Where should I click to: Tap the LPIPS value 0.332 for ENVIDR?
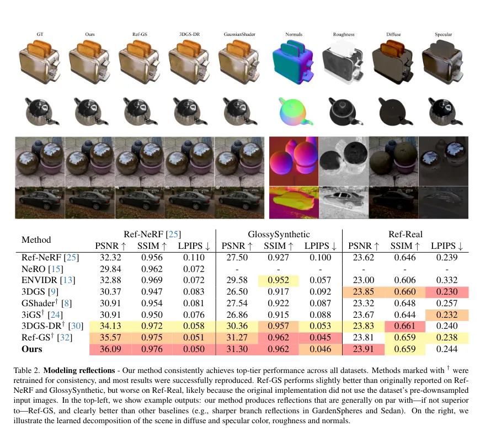tap(445, 280)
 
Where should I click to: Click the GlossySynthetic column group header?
tap(279, 233)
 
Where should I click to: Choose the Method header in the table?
tap(36, 239)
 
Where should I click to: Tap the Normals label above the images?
tap(294, 35)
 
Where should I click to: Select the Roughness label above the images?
tap(344, 35)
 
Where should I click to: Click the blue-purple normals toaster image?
tap(294, 62)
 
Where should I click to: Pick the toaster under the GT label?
tap(40, 62)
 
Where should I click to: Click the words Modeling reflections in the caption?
tap(85, 370)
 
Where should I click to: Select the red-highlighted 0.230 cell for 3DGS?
tap(445, 291)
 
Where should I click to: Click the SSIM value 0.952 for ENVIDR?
tap(279, 280)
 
